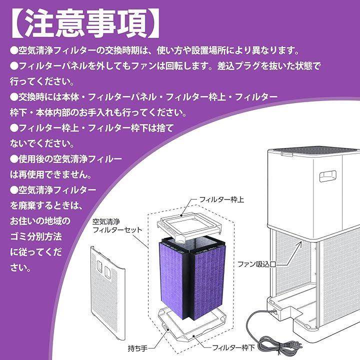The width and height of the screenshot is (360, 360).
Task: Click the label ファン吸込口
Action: click(x=256, y=263)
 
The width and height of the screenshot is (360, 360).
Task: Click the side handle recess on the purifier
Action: click(x=327, y=175)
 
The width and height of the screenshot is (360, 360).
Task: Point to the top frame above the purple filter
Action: click(x=192, y=224)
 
